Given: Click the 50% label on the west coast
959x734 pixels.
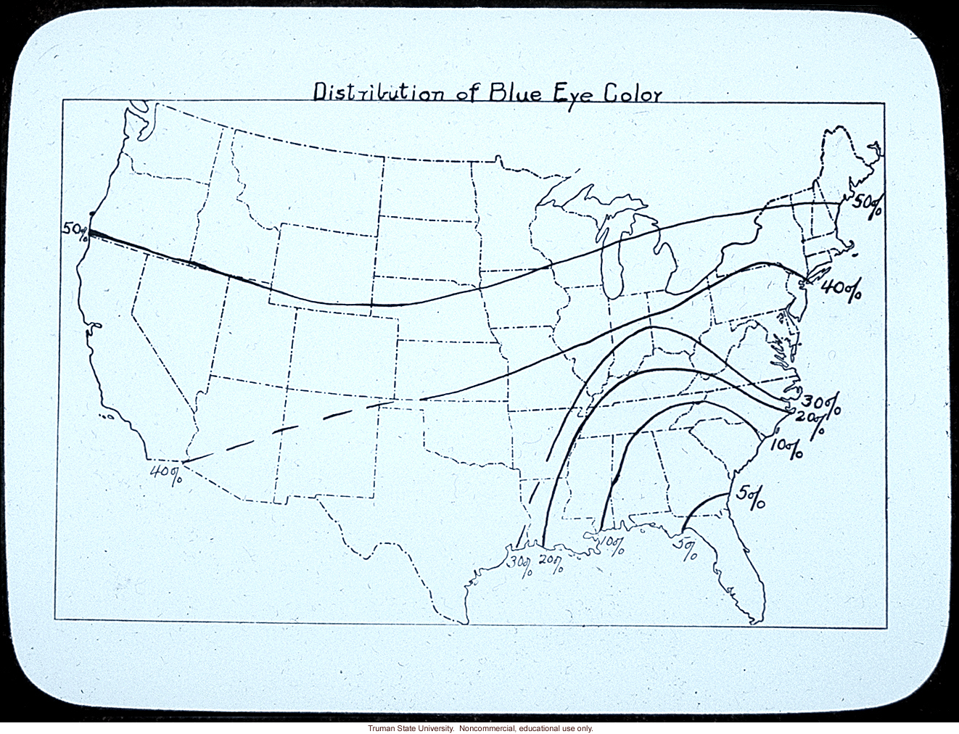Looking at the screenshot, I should (75, 231).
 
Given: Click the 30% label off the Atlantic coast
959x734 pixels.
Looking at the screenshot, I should (821, 403).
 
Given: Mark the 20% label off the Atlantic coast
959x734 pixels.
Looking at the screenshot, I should (811, 420).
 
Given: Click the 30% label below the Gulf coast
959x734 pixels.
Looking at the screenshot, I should (520, 564).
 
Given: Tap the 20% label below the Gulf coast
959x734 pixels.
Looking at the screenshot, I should (552, 562).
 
